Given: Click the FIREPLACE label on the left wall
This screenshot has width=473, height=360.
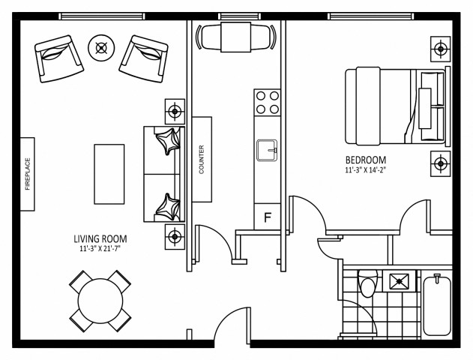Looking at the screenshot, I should pyautogui.click(x=28, y=174).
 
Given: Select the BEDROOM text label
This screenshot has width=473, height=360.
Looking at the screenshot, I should pyautogui.click(x=365, y=160).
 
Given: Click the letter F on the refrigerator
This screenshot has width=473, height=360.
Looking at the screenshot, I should pyautogui.click(x=267, y=218).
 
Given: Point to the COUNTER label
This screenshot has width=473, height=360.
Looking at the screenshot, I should pyautogui.click(x=202, y=159).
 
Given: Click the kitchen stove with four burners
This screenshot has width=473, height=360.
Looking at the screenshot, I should pyautogui.click(x=267, y=102).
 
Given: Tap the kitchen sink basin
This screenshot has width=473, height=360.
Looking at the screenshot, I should pyautogui.click(x=266, y=151).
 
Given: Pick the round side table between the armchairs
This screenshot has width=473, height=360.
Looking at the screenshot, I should pyautogui.click(x=100, y=48).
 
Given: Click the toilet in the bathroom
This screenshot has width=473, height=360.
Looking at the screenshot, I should pyautogui.click(x=368, y=286).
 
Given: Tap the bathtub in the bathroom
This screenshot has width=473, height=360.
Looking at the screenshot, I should pyautogui.click(x=438, y=306).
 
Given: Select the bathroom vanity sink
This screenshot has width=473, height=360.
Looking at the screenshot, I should pyautogui.click(x=399, y=282).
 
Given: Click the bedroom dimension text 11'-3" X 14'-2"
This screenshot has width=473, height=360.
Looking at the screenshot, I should pyautogui.click(x=365, y=171).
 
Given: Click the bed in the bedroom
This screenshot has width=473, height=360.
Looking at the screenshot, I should pyautogui.click(x=394, y=106).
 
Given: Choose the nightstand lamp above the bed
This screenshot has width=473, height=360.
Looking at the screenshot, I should pyautogui.click(x=439, y=49).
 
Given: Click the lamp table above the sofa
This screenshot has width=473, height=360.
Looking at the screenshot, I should pyautogui.click(x=175, y=112).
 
